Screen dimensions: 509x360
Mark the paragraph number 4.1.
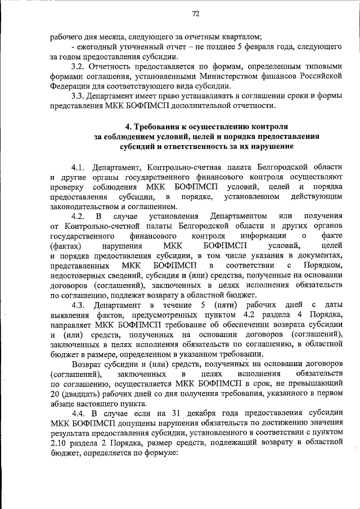point(79,167)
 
